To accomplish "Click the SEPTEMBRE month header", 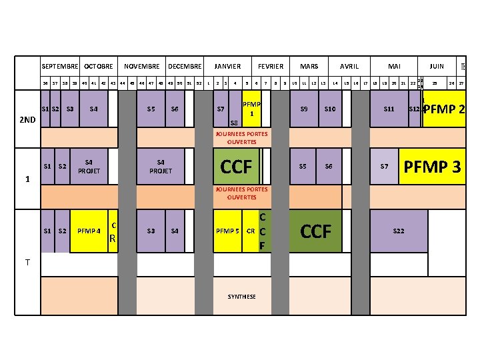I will [x=59, y=67].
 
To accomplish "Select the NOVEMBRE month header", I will [x=142, y=67].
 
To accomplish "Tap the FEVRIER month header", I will [x=271, y=67].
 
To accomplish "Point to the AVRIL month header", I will [x=349, y=67].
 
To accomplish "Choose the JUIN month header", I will [x=437, y=67].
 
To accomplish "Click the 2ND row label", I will [x=27, y=121].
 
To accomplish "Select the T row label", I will [x=27, y=262].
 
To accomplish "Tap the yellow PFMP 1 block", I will [x=251, y=109].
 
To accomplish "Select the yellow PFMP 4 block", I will [x=89, y=231].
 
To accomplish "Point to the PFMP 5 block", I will [x=227, y=231].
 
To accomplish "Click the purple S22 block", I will [x=399, y=231].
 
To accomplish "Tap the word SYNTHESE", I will [x=241, y=297].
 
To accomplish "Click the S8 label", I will [x=233, y=123].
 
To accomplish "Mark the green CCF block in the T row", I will [x=316, y=231].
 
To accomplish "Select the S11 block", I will [x=389, y=109].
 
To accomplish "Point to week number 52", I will [x=199, y=83].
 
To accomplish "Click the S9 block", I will [x=304, y=109].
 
